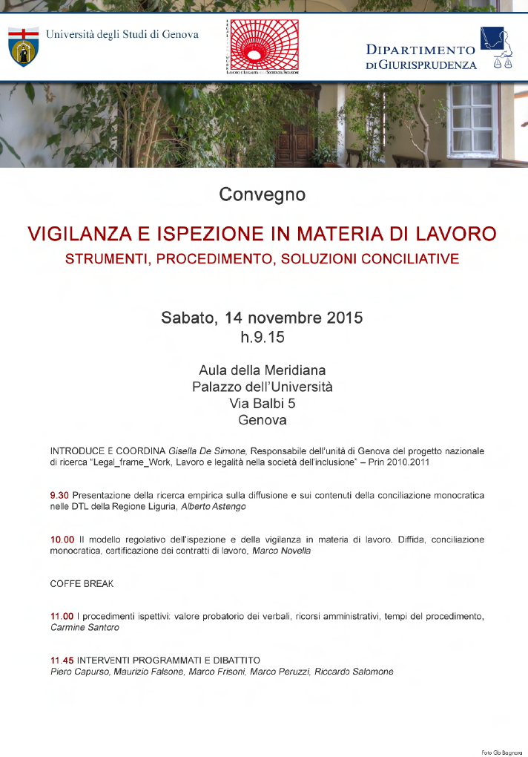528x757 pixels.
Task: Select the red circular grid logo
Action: click(263, 46)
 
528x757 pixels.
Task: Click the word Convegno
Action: click(263, 195)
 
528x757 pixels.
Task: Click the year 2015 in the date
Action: click(344, 318)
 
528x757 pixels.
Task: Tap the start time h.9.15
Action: click(263, 338)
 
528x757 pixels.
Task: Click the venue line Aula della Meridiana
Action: click(263, 370)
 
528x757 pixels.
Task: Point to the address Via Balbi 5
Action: click(263, 403)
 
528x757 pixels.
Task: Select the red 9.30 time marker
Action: click(59, 495)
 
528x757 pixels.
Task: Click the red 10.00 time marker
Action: click(62, 540)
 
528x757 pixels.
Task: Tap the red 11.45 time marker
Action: click(62, 660)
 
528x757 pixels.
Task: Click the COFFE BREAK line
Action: click(82, 584)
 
